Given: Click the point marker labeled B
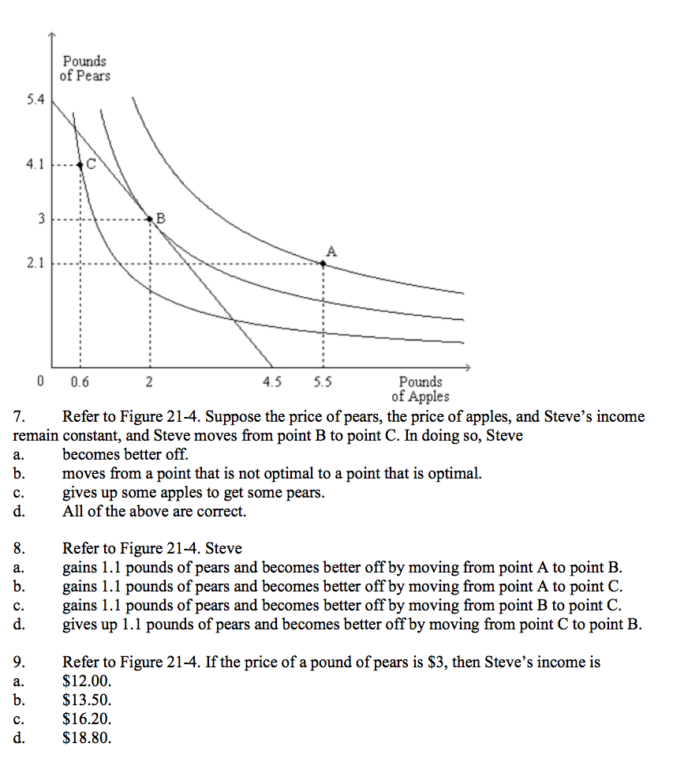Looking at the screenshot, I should coord(150,218).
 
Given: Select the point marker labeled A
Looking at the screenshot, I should coord(322,263).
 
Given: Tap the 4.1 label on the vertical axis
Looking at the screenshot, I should coord(35,166).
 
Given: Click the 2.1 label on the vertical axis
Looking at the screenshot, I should coord(35,263).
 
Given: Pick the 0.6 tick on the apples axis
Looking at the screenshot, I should coord(79,382).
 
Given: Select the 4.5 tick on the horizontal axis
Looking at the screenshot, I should coord(271,382).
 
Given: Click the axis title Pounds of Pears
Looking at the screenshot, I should coord(84,69).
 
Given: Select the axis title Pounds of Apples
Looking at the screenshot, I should coord(420,389).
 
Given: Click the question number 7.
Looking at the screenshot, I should coord(20,417).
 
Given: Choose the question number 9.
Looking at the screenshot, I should coord(20,663).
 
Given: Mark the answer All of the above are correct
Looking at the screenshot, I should coord(154,512).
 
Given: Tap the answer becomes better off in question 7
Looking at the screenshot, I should coord(125,455).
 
